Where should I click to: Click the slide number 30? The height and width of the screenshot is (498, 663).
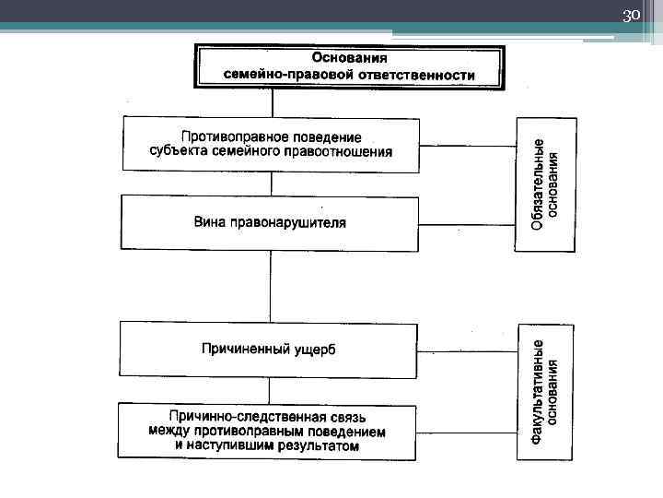click(632, 17)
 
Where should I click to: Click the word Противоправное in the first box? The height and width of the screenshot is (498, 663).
click(230, 136)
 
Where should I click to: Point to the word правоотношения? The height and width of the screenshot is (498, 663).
click(340, 152)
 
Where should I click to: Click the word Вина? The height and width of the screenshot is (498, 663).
click(208, 222)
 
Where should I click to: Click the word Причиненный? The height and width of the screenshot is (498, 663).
click(245, 349)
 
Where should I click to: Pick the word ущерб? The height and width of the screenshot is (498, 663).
click(316, 349)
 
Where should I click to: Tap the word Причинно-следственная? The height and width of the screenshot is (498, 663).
click(238, 417)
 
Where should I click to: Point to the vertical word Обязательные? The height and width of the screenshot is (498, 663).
click(538, 184)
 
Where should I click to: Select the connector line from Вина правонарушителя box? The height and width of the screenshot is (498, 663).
click(467, 222)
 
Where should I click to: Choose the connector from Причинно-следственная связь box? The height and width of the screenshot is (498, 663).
click(467, 431)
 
